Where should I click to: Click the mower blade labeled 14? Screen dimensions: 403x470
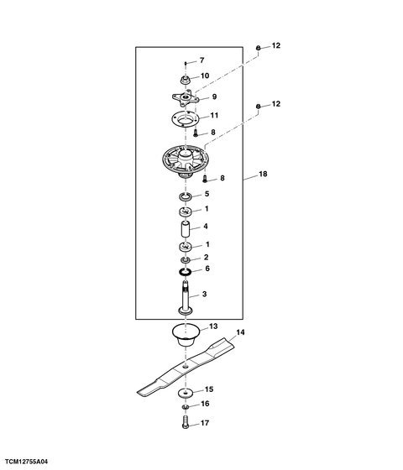(x=186, y=367)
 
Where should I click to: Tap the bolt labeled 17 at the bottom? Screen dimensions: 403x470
(x=186, y=421)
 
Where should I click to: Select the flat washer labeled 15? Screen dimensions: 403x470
(x=186, y=393)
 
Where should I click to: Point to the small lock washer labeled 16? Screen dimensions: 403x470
(x=186, y=407)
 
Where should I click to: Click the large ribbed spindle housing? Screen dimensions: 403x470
(x=186, y=161)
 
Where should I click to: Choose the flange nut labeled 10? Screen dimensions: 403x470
(x=186, y=81)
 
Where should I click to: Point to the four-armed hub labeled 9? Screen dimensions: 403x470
(x=186, y=97)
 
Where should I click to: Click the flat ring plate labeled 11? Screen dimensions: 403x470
(x=185, y=119)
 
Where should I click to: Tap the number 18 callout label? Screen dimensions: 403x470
(x=263, y=174)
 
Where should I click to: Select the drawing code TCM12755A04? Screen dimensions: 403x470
(x=26, y=462)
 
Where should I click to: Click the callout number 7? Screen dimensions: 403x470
(x=201, y=60)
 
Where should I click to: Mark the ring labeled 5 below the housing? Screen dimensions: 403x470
(x=186, y=197)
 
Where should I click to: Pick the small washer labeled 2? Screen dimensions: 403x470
(x=186, y=259)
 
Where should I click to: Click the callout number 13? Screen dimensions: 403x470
(x=213, y=326)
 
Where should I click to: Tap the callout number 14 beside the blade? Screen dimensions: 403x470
(x=240, y=332)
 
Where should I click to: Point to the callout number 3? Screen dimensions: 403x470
(x=204, y=294)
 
